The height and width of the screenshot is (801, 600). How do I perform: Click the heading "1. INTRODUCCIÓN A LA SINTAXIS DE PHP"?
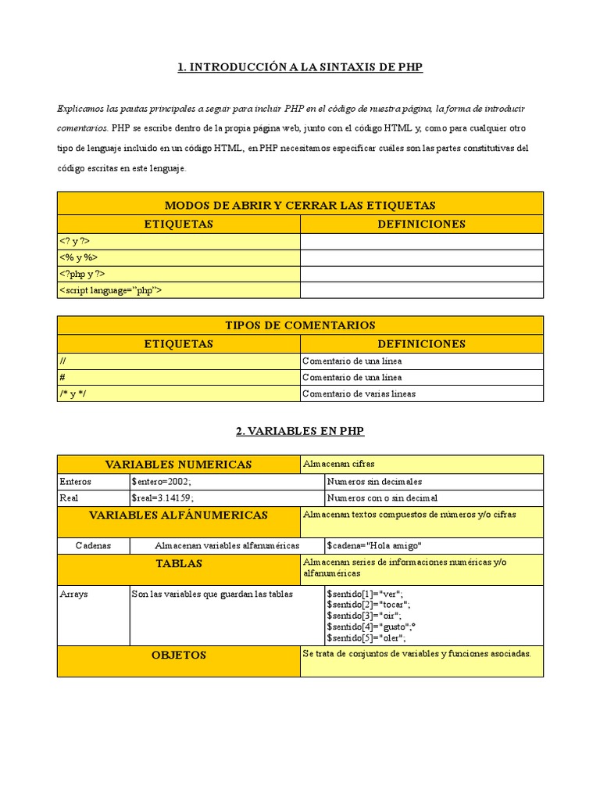(x=300, y=67)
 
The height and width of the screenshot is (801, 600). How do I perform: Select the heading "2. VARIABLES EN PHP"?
(x=300, y=431)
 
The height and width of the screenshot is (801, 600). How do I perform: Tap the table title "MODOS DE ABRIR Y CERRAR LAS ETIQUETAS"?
(x=300, y=205)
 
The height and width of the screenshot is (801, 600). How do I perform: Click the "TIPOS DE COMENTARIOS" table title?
(x=300, y=325)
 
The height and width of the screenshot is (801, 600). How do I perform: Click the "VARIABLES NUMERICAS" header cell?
(x=178, y=465)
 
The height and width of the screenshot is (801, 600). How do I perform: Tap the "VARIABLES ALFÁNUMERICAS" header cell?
(x=178, y=515)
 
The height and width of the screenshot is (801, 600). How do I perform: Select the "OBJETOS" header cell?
(x=178, y=655)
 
